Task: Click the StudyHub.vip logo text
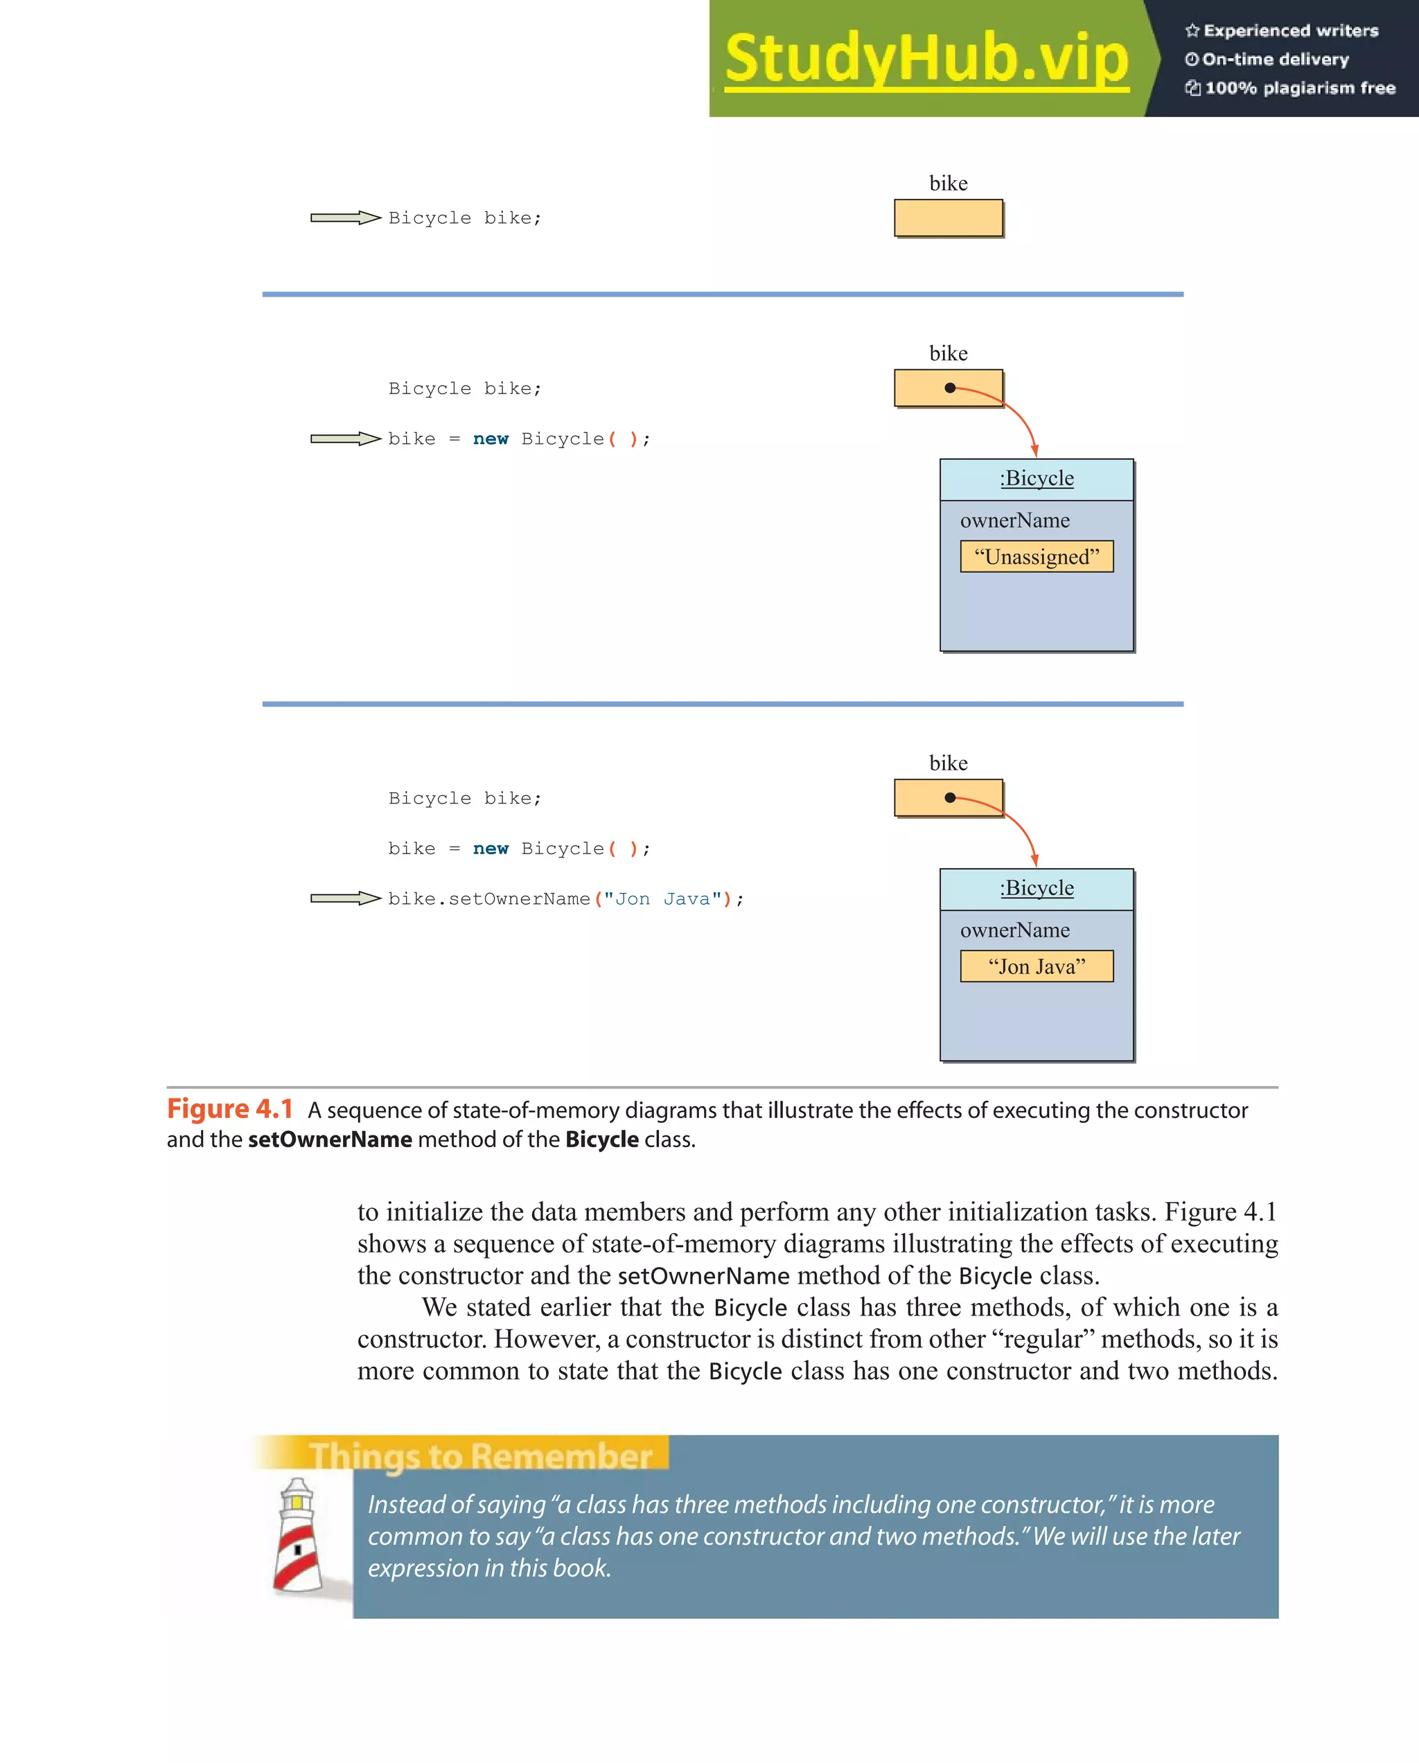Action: [x=926, y=59]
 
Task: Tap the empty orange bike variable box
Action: [x=948, y=218]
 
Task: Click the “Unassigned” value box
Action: [x=1037, y=557]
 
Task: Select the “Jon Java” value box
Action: [x=1037, y=966]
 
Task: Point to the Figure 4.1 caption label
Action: [x=230, y=1109]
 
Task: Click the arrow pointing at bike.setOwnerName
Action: [x=345, y=898]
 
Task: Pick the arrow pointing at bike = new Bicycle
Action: [x=345, y=439]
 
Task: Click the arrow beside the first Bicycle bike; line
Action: [x=345, y=218]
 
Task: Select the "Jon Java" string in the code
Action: [x=662, y=899]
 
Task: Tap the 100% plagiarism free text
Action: [x=1300, y=88]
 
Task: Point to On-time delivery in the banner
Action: [x=1275, y=60]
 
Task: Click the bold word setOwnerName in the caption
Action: [x=330, y=1139]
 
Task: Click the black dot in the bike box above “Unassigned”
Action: [x=949, y=389]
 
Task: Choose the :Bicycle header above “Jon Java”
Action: [x=1037, y=888]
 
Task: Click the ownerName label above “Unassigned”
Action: [x=1014, y=521]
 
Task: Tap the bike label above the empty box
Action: [x=948, y=183]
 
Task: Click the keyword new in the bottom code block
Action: [x=491, y=849]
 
